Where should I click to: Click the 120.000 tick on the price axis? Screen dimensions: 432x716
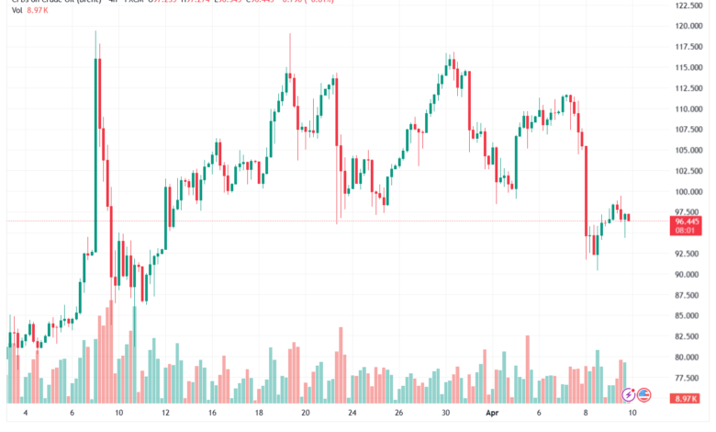(688, 27)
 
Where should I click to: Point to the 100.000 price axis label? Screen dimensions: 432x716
(688, 192)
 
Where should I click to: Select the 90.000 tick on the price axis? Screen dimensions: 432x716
(688, 275)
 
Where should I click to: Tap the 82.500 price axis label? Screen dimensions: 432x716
(688, 336)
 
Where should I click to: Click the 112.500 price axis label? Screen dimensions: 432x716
(688, 88)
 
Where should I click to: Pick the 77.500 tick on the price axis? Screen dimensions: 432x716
(688, 378)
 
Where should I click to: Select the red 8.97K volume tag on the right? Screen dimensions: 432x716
(689, 398)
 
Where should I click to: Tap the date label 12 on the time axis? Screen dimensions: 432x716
(165, 415)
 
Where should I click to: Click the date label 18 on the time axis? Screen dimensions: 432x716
(260, 415)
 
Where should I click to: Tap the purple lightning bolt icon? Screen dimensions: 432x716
(629, 395)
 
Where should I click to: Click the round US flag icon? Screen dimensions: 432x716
(643, 395)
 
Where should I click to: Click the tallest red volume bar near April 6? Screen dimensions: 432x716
(527, 369)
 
